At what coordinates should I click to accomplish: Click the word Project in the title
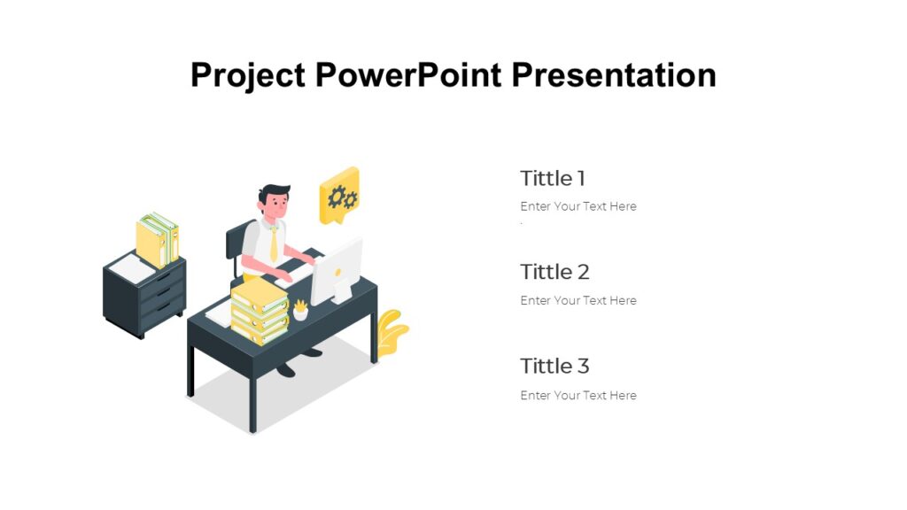point(248,75)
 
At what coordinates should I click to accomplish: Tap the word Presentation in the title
point(614,75)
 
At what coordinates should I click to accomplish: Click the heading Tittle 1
point(553,178)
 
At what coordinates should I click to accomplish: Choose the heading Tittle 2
point(554,272)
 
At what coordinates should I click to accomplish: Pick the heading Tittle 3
point(554,366)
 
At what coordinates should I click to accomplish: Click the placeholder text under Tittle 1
point(578,206)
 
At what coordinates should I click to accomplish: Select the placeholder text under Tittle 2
point(578,301)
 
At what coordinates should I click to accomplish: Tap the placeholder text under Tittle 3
point(578,396)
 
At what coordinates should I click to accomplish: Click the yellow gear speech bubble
point(339,196)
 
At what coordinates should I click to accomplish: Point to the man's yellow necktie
point(274,242)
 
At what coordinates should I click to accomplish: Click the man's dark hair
point(275,192)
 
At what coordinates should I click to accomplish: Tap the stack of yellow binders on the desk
point(260,314)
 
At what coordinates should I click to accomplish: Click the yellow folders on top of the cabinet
point(158,239)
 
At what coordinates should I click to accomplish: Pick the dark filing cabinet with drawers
point(146,297)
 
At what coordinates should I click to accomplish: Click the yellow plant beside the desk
point(390,332)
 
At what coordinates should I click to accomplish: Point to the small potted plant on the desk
point(300,310)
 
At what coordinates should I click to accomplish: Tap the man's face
point(277,207)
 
